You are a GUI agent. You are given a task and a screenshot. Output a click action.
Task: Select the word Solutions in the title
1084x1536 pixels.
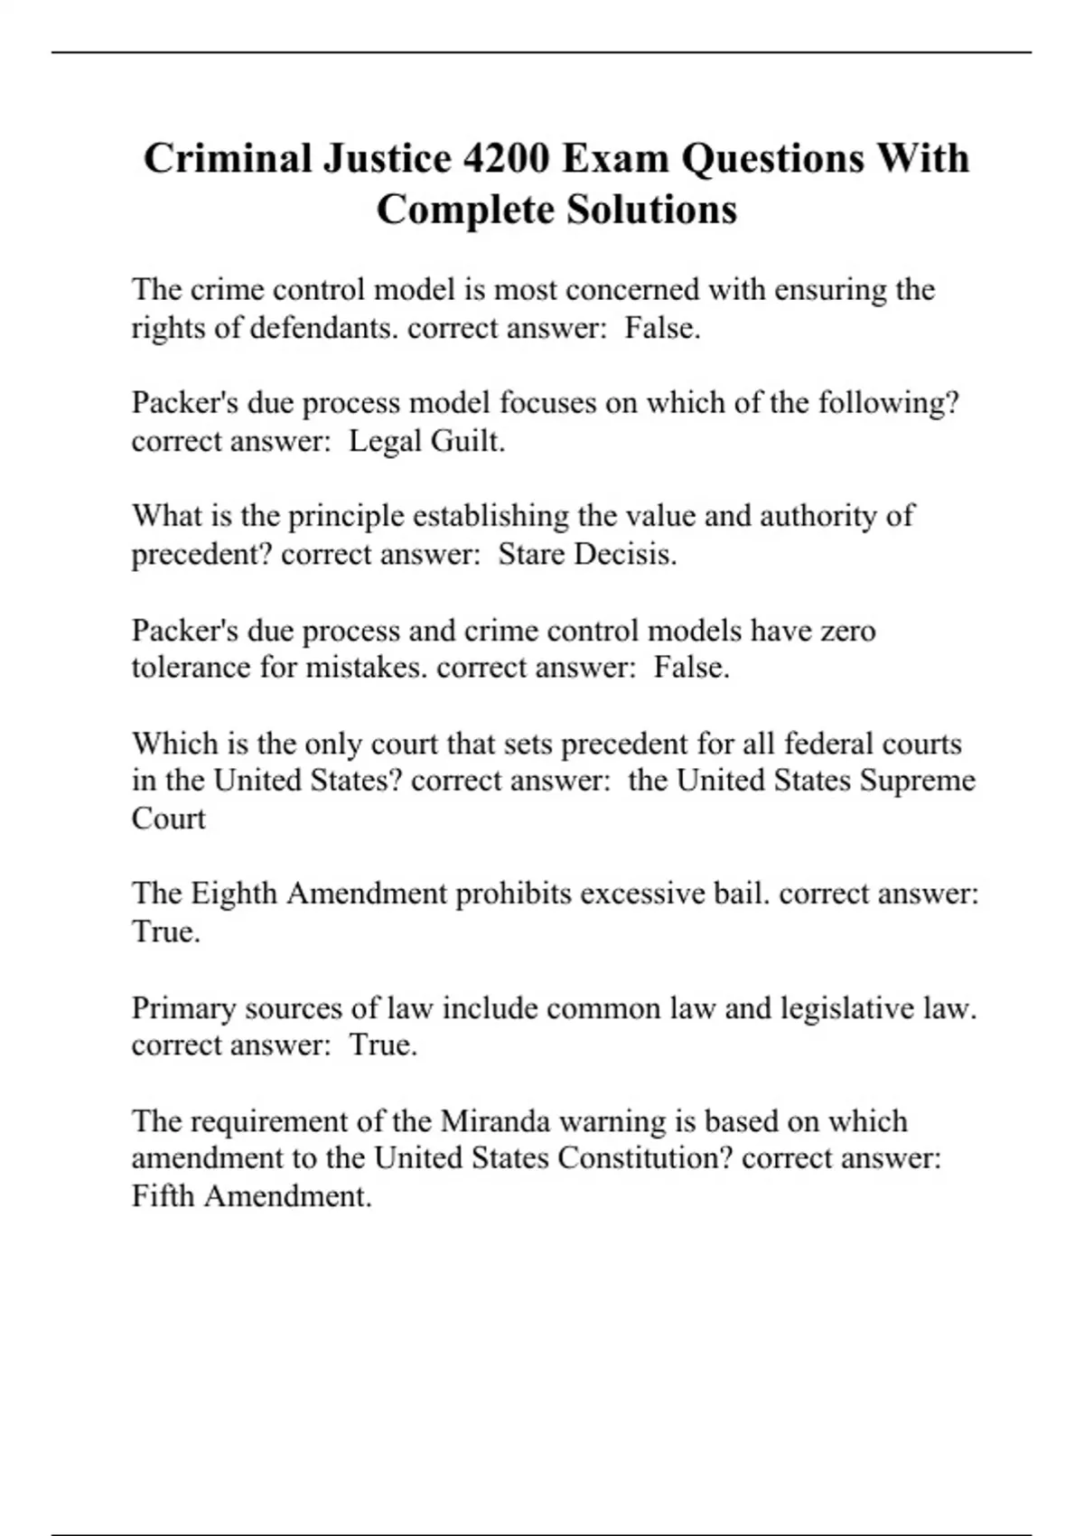click(652, 210)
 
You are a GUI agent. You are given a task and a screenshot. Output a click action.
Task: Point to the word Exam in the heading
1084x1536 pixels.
click(615, 158)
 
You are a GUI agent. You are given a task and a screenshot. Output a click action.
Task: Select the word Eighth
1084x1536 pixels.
click(234, 894)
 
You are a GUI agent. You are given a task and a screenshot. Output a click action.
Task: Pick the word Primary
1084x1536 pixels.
click(183, 1007)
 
